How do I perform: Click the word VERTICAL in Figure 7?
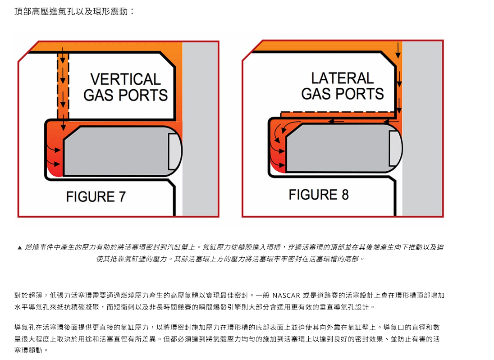tap(125, 79)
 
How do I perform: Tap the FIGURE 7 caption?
tap(96, 197)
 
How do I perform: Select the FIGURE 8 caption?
tap(319, 195)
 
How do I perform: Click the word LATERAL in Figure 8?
tap(342, 78)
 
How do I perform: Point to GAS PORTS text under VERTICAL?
tap(125, 96)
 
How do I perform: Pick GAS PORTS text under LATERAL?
tap(342, 94)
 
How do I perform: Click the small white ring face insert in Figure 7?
tap(174, 151)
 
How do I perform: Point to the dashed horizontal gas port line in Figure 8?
tap(338, 111)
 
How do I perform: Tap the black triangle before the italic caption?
tap(19, 248)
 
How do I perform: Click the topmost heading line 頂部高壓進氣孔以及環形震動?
tap(74, 11)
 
